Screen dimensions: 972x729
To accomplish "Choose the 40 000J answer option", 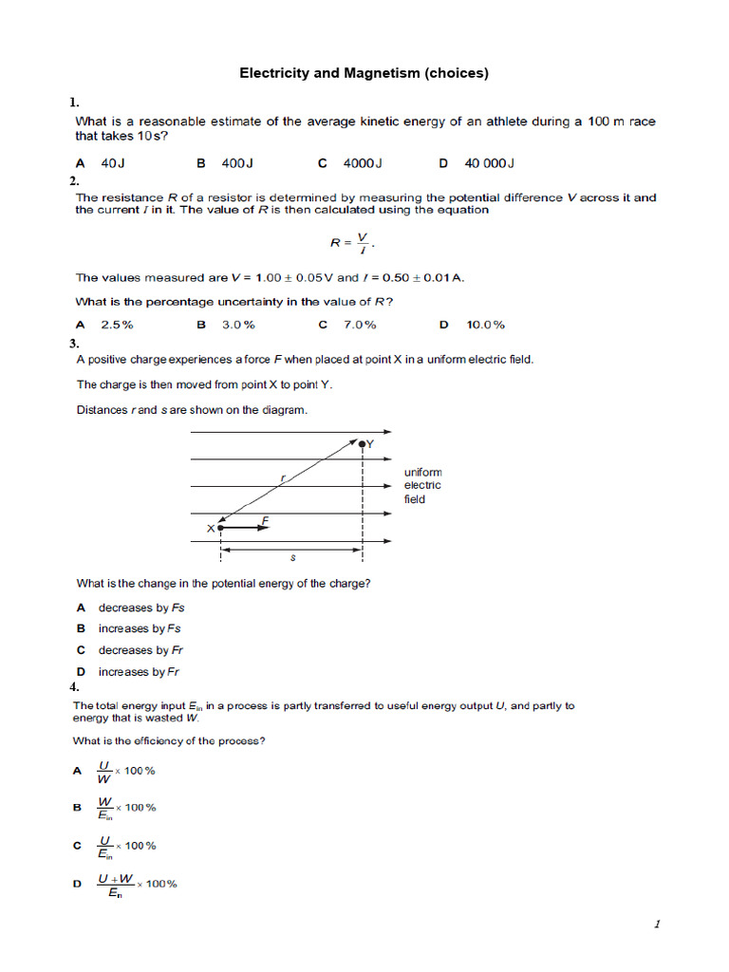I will pyautogui.click(x=489, y=163).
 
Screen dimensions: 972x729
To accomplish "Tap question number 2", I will pyautogui.click(x=74, y=180).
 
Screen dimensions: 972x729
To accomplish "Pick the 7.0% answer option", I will pyautogui.click(x=360, y=325).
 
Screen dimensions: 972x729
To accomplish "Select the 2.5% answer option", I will pyautogui.click(x=117, y=325).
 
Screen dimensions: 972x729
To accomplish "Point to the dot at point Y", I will pyautogui.click(x=362, y=442).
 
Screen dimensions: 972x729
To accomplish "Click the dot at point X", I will pyautogui.click(x=220, y=526).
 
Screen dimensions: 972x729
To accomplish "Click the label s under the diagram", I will pyautogui.click(x=292, y=558).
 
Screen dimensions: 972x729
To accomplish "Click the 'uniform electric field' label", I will pyautogui.click(x=422, y=485).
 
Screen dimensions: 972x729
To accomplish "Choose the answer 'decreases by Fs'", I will pyautogui.click(x=141, y=607).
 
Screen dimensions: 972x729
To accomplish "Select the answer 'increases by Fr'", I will pyautogui.click(x=139, y=672).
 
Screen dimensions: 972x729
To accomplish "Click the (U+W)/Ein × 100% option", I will pyautogui.click(x=137, y=885).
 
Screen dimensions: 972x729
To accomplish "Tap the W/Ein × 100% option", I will pyautogui.click(x=126, y=808).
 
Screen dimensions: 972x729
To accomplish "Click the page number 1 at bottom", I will pyautogui.click(x=656, y=925).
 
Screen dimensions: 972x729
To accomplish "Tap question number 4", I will pyautogui.click(x=74, y=686).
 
